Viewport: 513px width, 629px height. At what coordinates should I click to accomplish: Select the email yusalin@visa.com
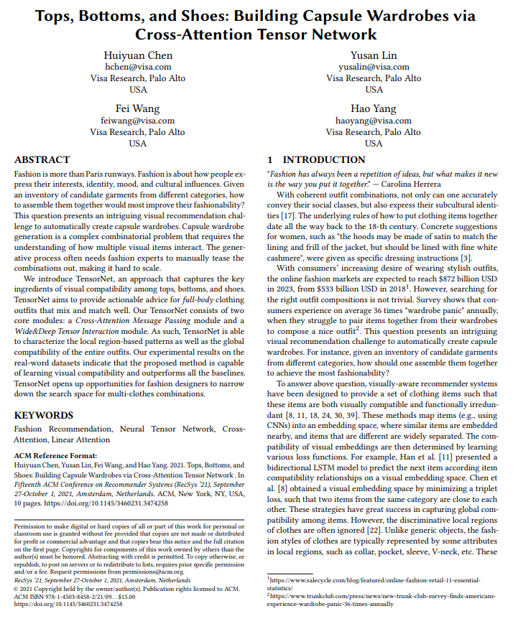[x=374, y=67]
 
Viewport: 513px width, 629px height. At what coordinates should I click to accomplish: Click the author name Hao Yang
[x=374, y=108]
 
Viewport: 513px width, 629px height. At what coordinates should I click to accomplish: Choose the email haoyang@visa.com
[x=374, y=121]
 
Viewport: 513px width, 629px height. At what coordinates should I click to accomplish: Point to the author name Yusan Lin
[x=374, y=55]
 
